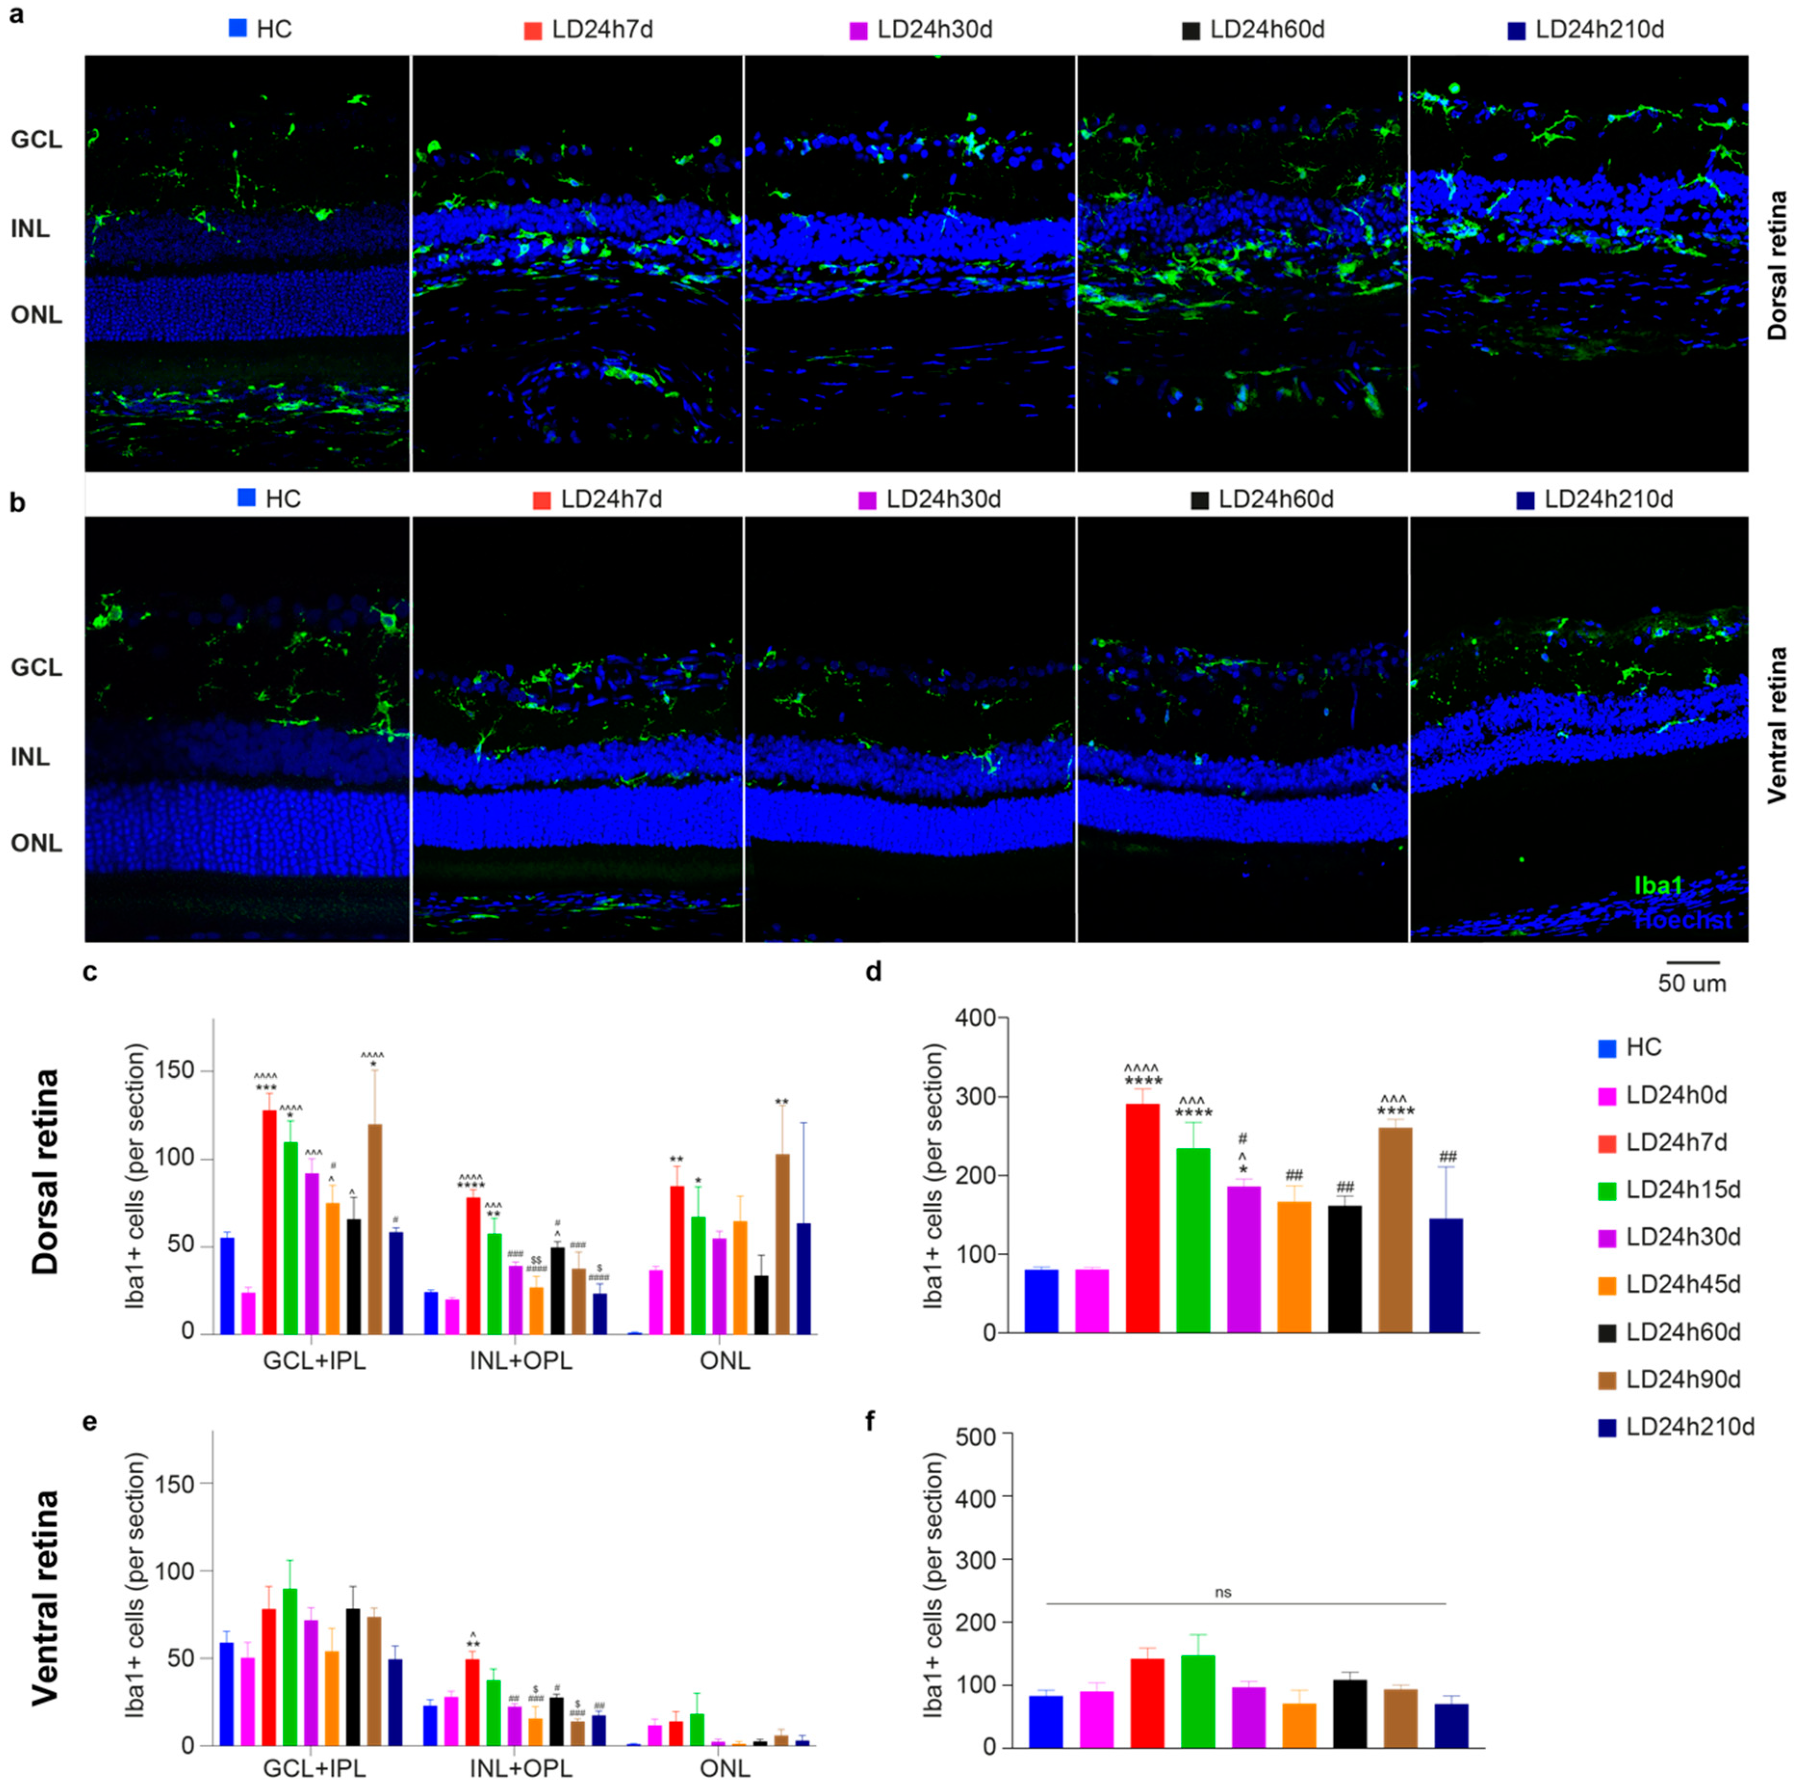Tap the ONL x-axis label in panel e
tap(725, 1768)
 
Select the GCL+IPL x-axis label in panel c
tap(314, 1361)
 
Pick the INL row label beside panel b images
tap(31, 756)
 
